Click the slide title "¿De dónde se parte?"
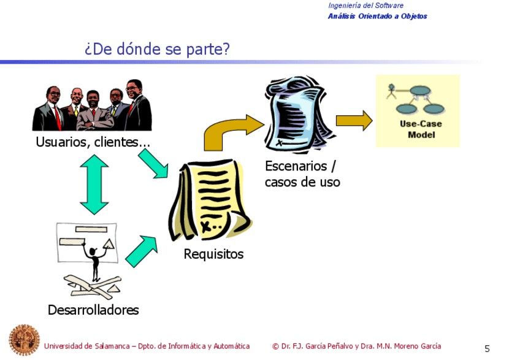point(157,49)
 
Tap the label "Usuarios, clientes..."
point(93,142)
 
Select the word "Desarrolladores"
point(93,310)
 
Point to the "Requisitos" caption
point(213,254)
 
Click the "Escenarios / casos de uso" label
point(302,174)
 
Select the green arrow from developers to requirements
point(142,250)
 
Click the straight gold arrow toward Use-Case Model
point(354,120)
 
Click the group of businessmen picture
point(92,107)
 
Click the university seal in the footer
point(23,340)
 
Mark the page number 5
point(487,349)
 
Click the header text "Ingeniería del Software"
point(365,6)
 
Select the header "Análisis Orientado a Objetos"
point(377,17)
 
